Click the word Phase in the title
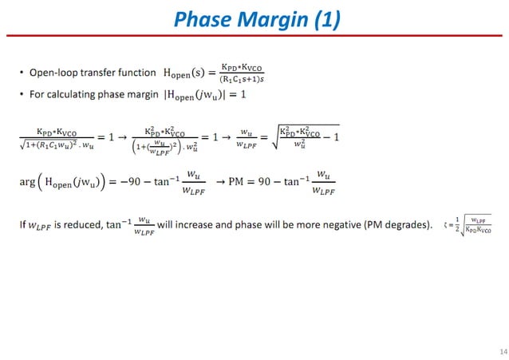coord(201,18)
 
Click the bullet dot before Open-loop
coord(22,73)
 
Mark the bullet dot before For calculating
coord(22,94)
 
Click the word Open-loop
coord(53,73)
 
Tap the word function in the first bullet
coord(138,73)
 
